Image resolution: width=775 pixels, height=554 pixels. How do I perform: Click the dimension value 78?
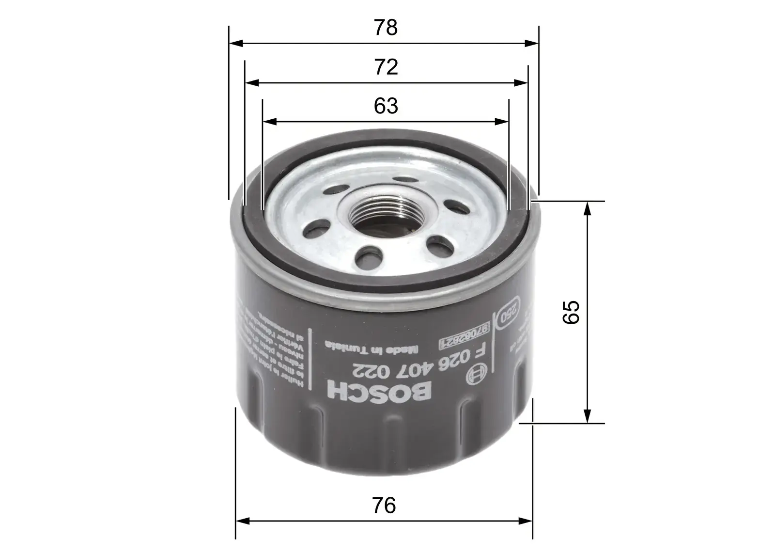(386, 28)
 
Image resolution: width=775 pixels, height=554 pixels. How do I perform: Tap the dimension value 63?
(386, 106)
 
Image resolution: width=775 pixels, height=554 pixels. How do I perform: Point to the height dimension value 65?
(572, 312)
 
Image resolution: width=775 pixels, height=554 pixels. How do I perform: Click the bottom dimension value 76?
(385, 506)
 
